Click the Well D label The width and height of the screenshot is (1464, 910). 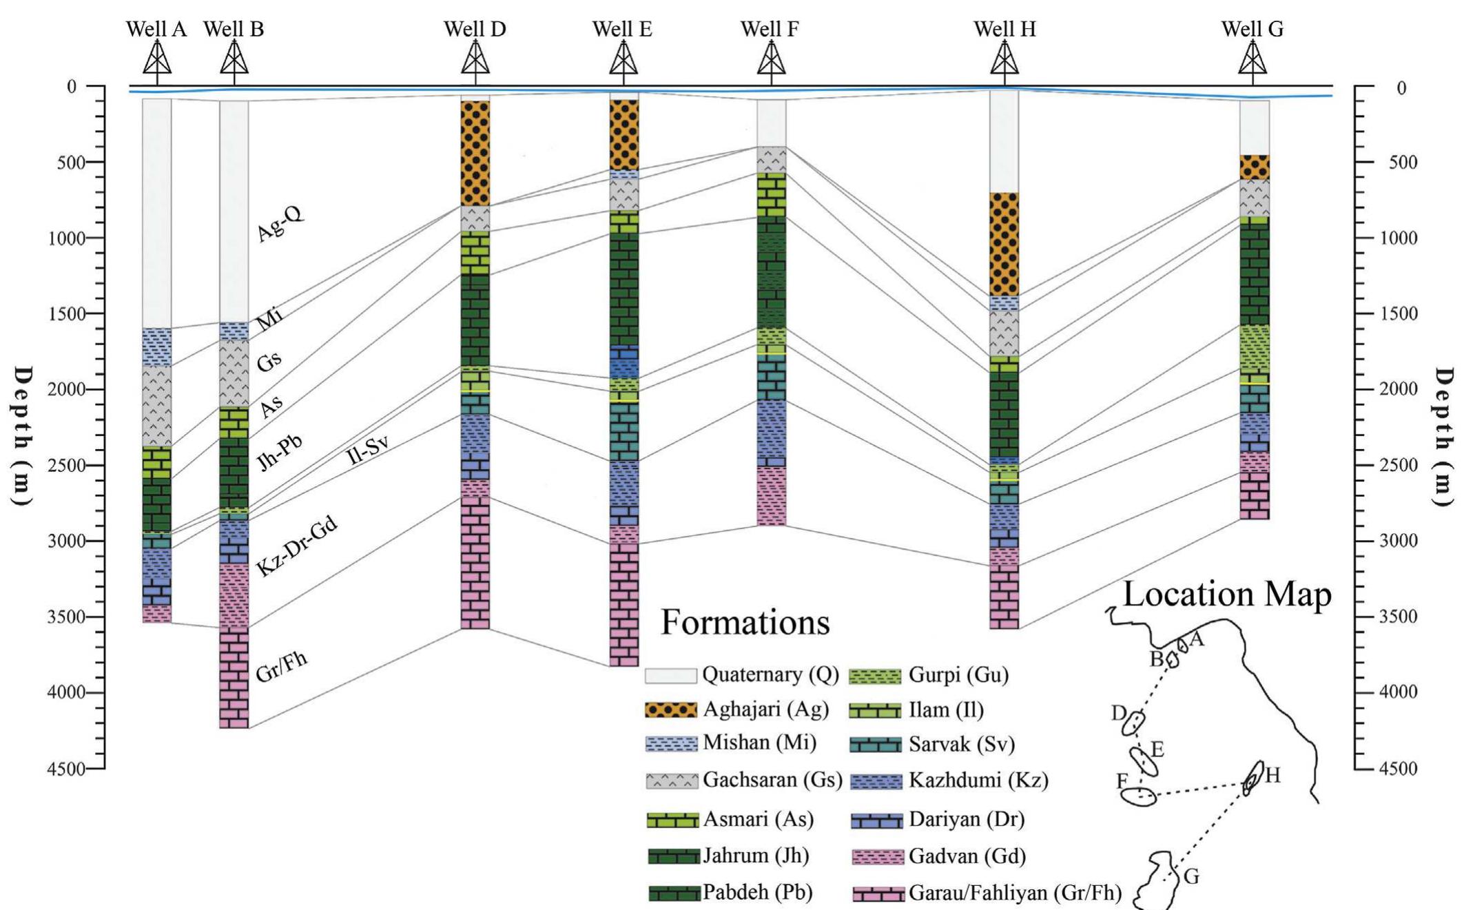pyautogui.click(x=475, y=29)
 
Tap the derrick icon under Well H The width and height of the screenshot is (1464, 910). pyautogui.click(x=1004, y=59)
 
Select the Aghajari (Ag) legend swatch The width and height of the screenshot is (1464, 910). pyautogui.click(x=670, y=710)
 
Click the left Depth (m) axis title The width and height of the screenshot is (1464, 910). pyautogui.click(x=23, y=436)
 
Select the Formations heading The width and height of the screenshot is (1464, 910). pyautogui.click(x=745, y=622)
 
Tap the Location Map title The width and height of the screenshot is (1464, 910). pyautogui.click(x=1226, y=594)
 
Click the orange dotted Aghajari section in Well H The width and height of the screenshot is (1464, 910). pyautogui.click(x=1004, y=245)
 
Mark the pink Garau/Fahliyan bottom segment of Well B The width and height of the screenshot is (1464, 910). pyautogui.click(x=234, y=679)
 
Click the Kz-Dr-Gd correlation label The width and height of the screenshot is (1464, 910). pyautogui.click(x=297, y=546)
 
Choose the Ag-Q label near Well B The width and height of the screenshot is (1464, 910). pyautogui.click(x=280, y=224)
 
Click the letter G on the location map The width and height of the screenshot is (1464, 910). pyautogui.click(x=1191, y=877)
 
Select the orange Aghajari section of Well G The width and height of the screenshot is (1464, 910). pyautogui.click(x=1254, y=167)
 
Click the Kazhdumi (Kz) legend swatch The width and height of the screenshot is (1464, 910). pyautogui.click(x=876, y=780)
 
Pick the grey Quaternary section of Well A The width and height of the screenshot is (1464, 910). pyautogui.click(x=157, y=214)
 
